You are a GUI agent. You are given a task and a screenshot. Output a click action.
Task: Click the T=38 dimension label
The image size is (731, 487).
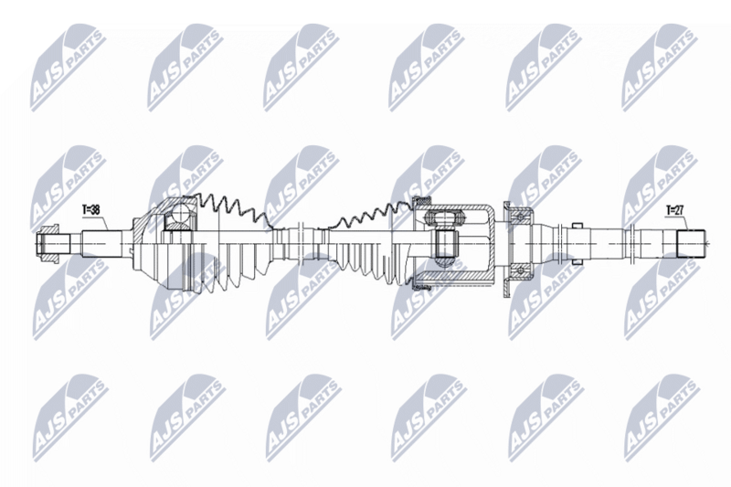(92, 208)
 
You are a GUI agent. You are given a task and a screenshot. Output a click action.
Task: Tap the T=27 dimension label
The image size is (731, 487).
(674, 210)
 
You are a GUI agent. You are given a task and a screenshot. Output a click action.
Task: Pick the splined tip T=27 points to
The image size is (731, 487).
(690, 244)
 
